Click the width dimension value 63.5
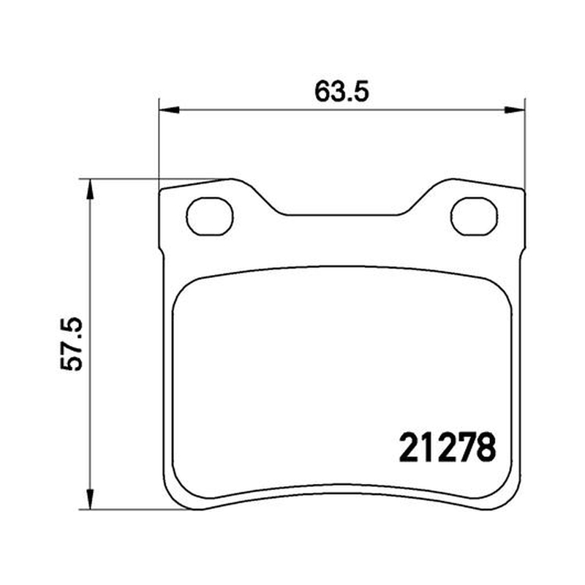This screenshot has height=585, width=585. point(341,92)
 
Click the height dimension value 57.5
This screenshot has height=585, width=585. point(71,344)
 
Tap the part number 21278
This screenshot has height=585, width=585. point(448,448)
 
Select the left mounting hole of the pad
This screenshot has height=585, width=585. point(210,216)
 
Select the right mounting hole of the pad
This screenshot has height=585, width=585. point(474,216)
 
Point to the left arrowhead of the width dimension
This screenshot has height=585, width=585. point(169,110)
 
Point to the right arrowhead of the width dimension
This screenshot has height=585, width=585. point(515,110)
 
